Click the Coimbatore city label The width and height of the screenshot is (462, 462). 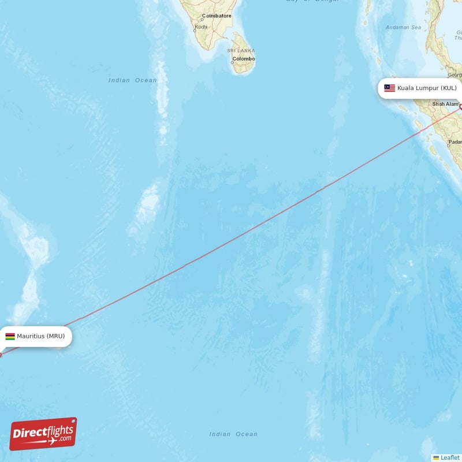point(217,16)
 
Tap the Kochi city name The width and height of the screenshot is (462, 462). point(201,27)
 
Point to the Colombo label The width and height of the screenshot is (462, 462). point(243,59)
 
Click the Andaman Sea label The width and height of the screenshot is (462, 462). point(404,27)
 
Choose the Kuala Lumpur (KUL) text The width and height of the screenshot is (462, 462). point(427,88)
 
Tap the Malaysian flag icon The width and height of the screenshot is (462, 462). point(390,88)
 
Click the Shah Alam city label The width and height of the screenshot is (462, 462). point(445,104)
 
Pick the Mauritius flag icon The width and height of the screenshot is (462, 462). point(10,336)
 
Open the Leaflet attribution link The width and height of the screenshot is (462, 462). point(450,457)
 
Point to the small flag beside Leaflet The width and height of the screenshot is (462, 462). point(436,457)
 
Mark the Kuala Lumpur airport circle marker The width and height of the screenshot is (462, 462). point(461,106)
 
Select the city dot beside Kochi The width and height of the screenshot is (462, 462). point(195,27)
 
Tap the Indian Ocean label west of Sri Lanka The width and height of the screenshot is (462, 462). point(132,80)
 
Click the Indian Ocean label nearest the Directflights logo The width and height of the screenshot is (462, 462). point(233,434)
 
